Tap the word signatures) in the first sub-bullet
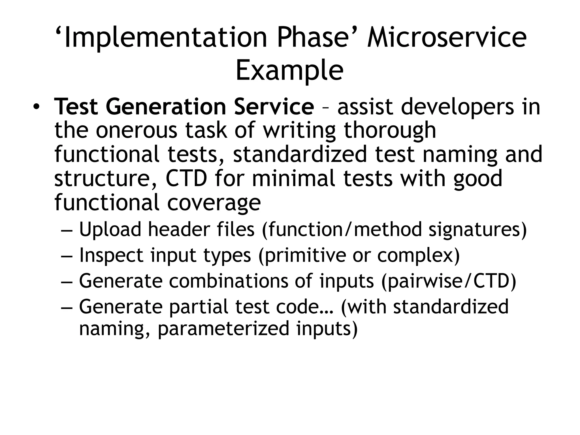(x=477, y=230)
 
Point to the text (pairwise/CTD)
(x=449, y=281)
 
